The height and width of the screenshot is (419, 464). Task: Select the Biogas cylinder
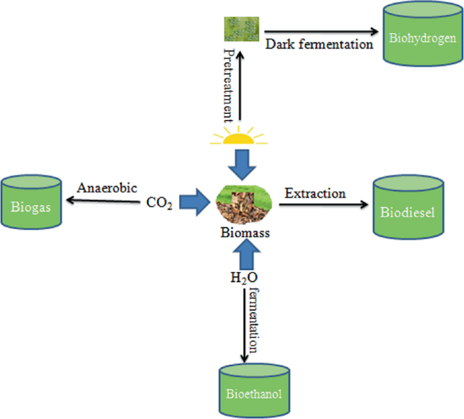click(30, 204)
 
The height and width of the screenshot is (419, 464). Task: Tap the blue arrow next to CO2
click(194, 202)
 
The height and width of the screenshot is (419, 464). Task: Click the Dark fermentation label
click(319, 45)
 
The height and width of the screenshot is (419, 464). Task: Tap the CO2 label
click(159, 202)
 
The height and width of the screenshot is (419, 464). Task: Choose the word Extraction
click(315, 194)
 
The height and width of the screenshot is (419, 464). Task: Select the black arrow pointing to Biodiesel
click(325, 205)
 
